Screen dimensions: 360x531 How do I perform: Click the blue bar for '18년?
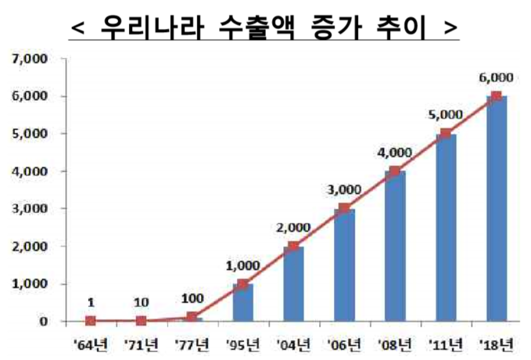point(496,209)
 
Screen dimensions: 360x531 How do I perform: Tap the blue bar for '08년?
point(394,247)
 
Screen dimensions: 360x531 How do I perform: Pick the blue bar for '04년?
point(293,284)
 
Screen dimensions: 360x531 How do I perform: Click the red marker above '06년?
point(344,208)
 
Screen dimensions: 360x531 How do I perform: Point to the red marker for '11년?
point(445,133)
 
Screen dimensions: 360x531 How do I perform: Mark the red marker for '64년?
point(91,321)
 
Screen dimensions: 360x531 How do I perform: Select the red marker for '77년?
point(192,317)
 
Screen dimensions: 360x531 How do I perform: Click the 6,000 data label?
point(496,77)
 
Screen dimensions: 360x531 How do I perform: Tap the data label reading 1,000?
point(242,265)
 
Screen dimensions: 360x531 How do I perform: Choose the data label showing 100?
point(192,299)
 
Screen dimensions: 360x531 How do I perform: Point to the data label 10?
point(142,301)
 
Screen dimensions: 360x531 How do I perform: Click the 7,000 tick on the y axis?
point(27,59)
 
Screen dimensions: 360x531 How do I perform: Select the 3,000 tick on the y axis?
point(27,209)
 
